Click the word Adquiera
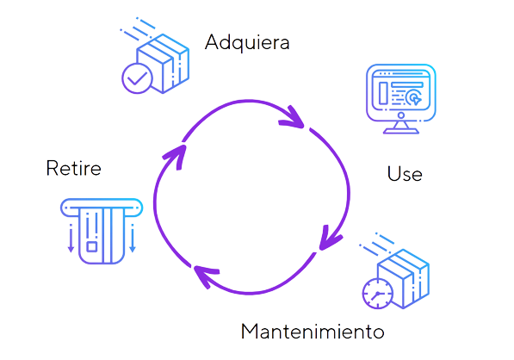pyautogui.click(x=247, y=42)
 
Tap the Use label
pyautogui.click(x=405, y=173)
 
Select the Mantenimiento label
pyautogui.click(x=313, y=331)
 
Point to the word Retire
pyautogui.click(x=74, y=168)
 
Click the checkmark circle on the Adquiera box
pyautogui.click(x=137, y=78)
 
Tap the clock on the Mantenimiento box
pyautogui.click(x=378, y=294)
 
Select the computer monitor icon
pyautogui.click(x=401, y=99)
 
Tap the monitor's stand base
pyautogui.click(x=401, y=131)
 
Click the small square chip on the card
pyautogui.click(x=92, y=246)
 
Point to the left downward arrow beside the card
pyautogui.click(x=71, y=239)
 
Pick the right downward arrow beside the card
pyautogui.click(x=133, y=239)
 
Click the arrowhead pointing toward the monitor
pyautogui.click(x=292, y=117)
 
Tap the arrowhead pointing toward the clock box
pyautogui.click(x=330, y=239)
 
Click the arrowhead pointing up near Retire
pyautogui.click(x=176, y=157)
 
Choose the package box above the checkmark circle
pyautogui.click(x=163, y=63)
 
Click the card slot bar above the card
pyautogui.click(x=102, y=208)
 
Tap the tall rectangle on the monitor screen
pyautogui.click(x=383, y=93)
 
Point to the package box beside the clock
pyautogui.click(x=403, y=279)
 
